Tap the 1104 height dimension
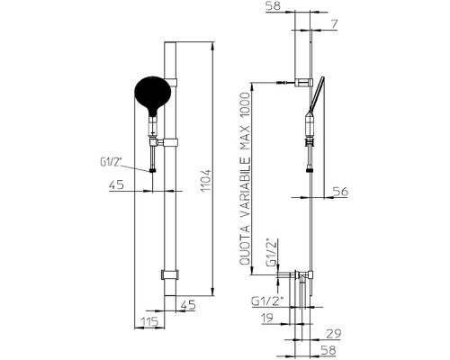point(206,181)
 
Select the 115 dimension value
point(149,321)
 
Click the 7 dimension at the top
point(334,24)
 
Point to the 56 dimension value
point(340,192)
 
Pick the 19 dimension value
point(267,318)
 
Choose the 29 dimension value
point(334,334)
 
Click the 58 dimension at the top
point(273,6)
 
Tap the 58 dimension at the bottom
point(328,350)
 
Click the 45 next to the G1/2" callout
point(116,184)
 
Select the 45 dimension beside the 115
point(188,305)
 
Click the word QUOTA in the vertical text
point(245,245)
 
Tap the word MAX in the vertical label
point(245,139)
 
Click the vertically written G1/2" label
point(272,252)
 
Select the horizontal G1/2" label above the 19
point(267,301)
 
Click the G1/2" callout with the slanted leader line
point(111,162)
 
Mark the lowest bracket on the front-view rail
point(170,274)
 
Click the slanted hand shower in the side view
point(315,95)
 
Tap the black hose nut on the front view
point(153,171)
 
